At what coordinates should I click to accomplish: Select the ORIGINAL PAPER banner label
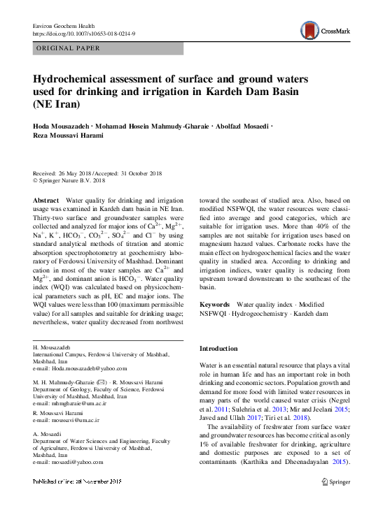point(67,48)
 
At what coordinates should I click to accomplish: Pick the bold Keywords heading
point(214,305)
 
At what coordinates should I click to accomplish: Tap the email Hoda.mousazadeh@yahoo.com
point(74,367)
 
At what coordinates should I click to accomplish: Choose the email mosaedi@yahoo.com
point(72,462)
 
